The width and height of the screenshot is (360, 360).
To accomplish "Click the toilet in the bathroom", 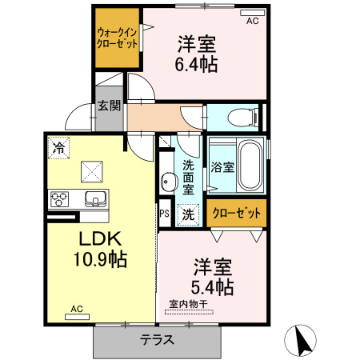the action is (x=243, y=118).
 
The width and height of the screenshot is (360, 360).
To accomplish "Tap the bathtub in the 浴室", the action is (x=250, y=166).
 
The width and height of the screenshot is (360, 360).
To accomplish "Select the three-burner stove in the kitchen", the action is (x=59, y=199).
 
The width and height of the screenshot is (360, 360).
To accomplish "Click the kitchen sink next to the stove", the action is (x=95, y=198).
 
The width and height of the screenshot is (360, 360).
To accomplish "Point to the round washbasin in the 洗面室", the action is (x=169, y=182).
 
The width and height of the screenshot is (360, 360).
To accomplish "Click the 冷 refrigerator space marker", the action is (x=58, y=148).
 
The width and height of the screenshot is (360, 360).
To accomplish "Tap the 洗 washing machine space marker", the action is (x=189, y=214).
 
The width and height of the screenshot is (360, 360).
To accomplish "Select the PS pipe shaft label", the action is (x=165, y=213).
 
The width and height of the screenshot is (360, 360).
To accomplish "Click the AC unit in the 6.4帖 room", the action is (x=252, y=13).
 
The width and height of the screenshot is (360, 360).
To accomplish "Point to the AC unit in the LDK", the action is (x=77, y=317).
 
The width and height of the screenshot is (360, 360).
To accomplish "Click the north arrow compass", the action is (x=300, y=341).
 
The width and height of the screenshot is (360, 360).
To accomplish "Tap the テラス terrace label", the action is (x=157, y=340).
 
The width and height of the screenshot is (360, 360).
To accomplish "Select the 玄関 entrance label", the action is (x=109, y=106).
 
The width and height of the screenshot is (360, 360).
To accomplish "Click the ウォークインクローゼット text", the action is (x=117, y=38).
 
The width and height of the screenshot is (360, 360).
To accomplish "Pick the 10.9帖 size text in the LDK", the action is (x=100, y=259).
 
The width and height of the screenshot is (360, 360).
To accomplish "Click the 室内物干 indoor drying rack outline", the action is (x=189, y=312).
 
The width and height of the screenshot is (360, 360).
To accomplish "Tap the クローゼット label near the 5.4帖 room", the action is (x=237, y=213).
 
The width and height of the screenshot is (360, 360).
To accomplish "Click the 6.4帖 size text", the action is (x=196, y=64).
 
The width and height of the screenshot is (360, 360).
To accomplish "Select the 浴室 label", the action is (x=222, y=167).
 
